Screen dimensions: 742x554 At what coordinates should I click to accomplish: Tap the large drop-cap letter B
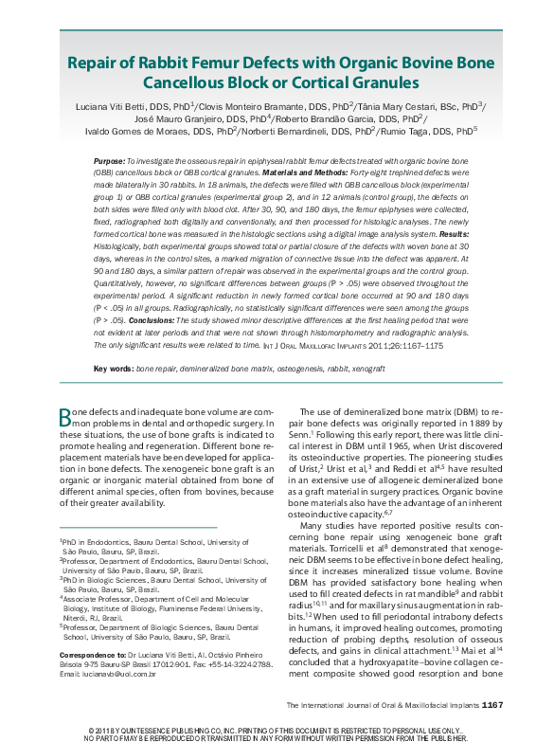(65, 417)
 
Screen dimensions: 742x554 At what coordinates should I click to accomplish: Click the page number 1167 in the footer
(498, 705)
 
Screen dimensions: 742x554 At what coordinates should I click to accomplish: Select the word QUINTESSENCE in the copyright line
(151, 729)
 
